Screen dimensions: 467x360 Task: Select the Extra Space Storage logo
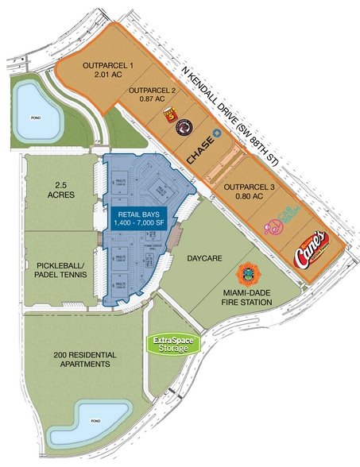[174, 343]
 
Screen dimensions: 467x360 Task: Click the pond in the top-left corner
[32, 105]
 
